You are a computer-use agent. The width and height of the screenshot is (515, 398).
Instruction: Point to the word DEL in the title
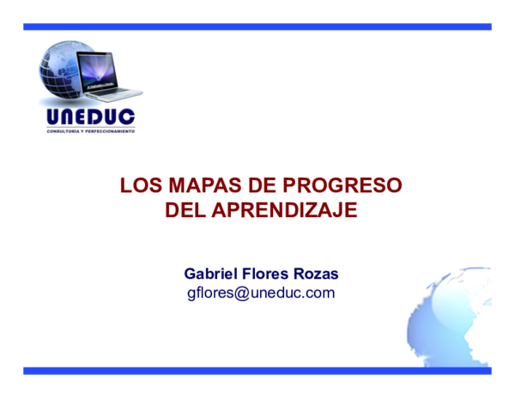184,208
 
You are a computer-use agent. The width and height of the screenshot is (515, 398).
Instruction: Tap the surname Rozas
317,274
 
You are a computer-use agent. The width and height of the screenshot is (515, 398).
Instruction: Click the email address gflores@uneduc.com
261,293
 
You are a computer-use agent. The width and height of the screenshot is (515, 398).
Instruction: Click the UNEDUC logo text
90,117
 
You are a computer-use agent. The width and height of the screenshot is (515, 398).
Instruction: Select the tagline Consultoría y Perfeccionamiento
90,131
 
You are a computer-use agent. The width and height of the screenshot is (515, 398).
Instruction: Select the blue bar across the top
257,27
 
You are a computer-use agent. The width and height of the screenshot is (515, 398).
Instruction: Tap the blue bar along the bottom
257,371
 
